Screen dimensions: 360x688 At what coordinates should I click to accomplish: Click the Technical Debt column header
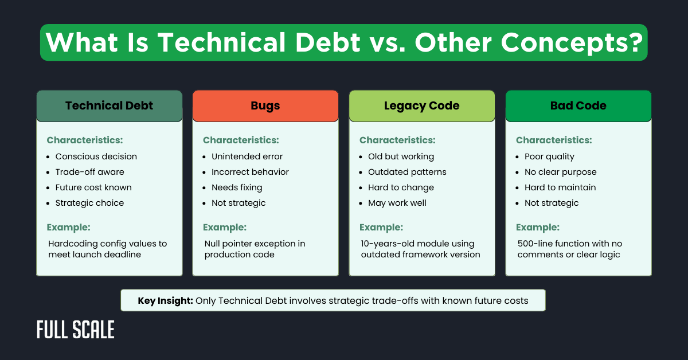(109, 105)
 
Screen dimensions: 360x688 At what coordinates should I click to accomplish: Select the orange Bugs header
(265, 105)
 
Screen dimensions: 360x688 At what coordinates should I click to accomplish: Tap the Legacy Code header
(421, 105)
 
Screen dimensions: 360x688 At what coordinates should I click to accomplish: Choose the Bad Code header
(578, 105)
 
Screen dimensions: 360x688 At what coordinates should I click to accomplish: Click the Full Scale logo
(75, 330)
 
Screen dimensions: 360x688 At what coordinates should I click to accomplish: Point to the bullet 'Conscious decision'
(96, 156)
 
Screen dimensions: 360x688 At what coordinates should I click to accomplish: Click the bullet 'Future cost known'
(93, 187)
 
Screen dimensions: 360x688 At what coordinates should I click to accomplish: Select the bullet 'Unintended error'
(247, 156)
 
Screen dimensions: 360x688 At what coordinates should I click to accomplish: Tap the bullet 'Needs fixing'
(237, 187)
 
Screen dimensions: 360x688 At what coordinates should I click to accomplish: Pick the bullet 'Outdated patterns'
(407, 172)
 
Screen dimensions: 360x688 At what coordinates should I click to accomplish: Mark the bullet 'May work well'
(397, 203)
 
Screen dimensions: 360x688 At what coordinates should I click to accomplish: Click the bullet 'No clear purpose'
(560, 172)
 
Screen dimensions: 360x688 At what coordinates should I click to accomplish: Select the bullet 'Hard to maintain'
(560, 187)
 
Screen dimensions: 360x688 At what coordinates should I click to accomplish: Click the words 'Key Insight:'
(165, 300)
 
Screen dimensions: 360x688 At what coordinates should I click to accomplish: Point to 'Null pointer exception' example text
(255, 244)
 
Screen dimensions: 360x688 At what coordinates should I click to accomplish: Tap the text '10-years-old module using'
(417, 244)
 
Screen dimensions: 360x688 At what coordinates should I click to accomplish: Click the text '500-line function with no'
(569, 244)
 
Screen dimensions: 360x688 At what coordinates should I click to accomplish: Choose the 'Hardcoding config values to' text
(108, 244)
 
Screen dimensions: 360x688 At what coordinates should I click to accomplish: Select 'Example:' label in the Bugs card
(225, 227)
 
